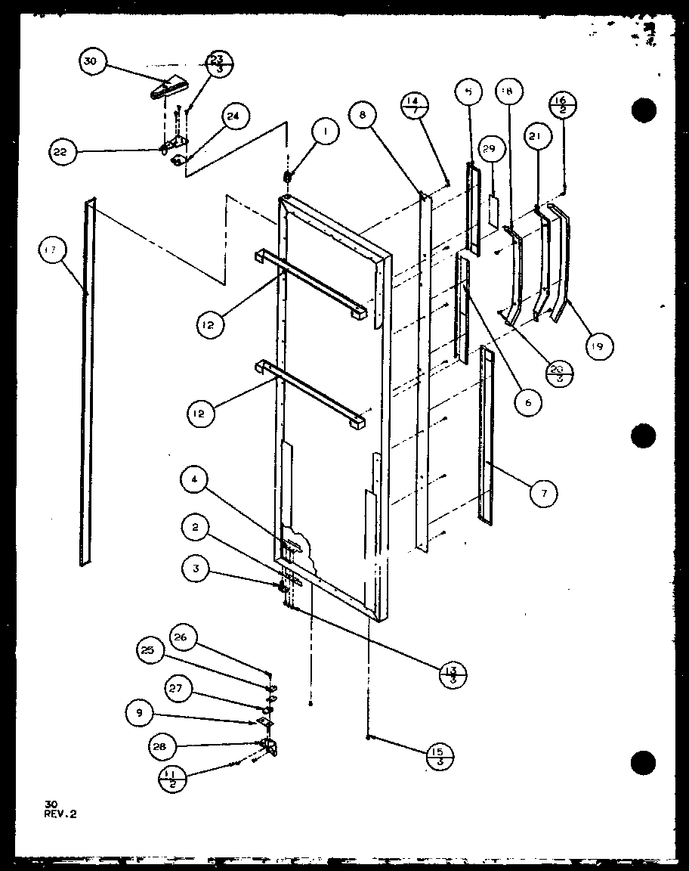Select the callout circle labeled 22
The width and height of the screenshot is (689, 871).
60,152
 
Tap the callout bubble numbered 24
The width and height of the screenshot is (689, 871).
233,116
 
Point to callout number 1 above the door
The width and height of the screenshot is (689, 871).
326,134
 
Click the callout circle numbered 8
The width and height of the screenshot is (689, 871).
363,116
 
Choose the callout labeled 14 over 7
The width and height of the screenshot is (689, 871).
415,104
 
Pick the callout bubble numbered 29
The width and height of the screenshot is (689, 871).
488,150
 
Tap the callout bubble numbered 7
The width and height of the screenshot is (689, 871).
543,494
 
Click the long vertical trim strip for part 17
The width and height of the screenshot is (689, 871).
87,386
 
